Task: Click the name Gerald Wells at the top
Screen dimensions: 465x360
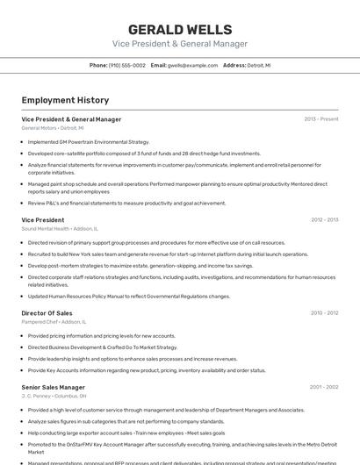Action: click(179, 30)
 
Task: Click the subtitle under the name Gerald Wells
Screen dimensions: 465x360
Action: click(179, 44)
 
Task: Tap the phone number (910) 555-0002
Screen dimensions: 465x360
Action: click(127, 65)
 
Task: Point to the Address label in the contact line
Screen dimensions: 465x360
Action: click(234, 65)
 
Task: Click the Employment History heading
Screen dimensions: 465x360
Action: click(65, 100)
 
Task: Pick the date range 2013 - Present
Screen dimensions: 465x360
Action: click(320, 119)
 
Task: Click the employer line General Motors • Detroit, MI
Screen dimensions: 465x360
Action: click(53, 128)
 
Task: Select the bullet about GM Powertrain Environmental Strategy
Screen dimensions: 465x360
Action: click(89, 141)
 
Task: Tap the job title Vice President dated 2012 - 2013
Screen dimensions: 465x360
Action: click(42, 220)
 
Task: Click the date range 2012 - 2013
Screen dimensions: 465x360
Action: click(324, 220)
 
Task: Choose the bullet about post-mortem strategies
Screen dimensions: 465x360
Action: click(140, 265)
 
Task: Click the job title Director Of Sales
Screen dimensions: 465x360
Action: click(47, 312)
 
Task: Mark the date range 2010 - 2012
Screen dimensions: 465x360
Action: click(324, 312)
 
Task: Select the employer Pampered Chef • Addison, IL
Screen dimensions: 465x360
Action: click(54, 322)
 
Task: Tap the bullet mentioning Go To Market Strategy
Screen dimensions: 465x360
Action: click(103, 347)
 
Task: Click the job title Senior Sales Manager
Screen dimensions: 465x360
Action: click(53, 387)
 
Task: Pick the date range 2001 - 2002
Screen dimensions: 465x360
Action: click(324, 387)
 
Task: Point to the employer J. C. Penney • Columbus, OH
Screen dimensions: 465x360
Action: click(54, 396)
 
